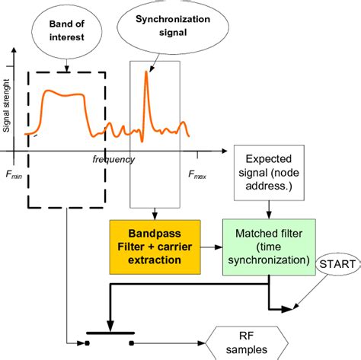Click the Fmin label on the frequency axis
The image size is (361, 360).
14,174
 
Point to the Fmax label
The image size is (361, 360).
196,174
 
